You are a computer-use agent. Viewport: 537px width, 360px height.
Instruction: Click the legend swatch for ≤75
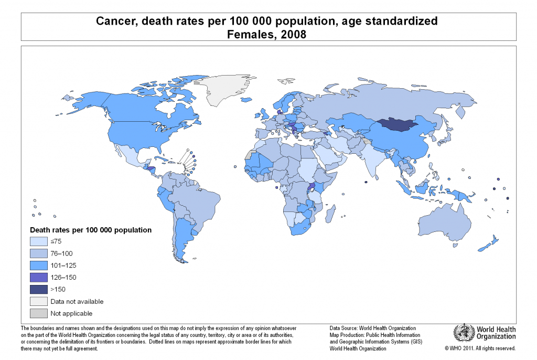pyautogui.click(x=38, y=241)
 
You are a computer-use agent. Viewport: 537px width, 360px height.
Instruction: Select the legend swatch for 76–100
pyautogui.click(x=38, y=253)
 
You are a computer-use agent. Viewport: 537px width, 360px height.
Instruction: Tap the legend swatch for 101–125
pyautogui.click(x=38, y=266)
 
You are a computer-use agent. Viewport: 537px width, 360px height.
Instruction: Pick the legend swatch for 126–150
pyautogui.click(x=38, y=277)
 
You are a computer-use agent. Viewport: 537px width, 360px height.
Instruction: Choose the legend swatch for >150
pyautogui.click(x=38, y=289)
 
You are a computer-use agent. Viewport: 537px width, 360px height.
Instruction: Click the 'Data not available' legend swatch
pyautogui.click(x=38, y=301)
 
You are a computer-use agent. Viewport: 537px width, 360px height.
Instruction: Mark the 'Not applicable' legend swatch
pyautogui.click(x=38, y=313)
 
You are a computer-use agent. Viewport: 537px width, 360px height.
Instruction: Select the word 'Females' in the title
pyautogui.click(x=250, y=35)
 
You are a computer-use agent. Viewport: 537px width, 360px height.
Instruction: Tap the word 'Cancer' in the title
pyautogui.click(x=113, y=22)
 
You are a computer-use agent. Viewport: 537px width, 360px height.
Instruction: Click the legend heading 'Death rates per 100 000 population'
pyautogui.click(x=91, y=230)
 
